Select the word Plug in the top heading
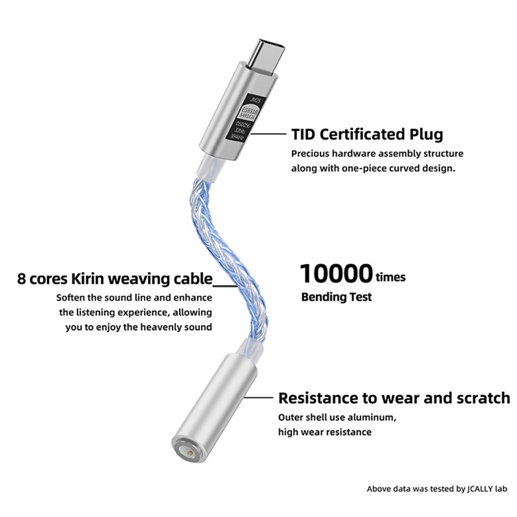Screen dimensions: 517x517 (x=424, y=134)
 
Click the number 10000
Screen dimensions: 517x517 (x=336, y=274)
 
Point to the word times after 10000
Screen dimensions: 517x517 (x=391, y=277)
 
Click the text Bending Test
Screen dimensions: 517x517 (x=337, y=298)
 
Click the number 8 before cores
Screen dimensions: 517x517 (x=23, y=279)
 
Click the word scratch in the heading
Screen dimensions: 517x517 (x=479, y=397)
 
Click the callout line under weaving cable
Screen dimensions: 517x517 (x=226, y=286)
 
